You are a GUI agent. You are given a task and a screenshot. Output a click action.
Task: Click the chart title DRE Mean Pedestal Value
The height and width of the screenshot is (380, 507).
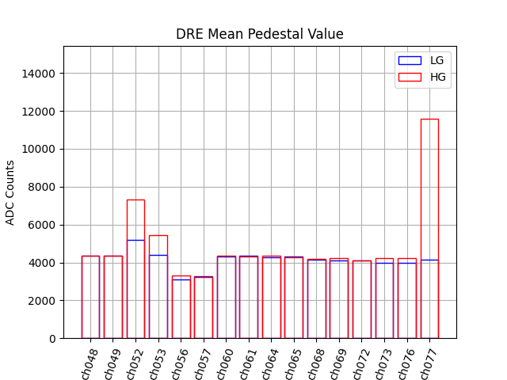(259, 34)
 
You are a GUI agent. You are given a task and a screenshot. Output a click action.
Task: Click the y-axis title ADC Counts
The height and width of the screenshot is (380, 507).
(11, 192)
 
